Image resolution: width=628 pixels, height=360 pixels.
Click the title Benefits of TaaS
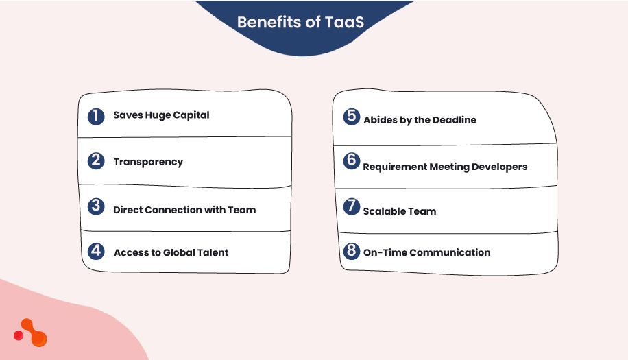[x=300, y=22]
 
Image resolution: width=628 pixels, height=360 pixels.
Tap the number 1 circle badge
[x=96, y=115]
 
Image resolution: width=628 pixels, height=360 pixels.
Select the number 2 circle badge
[x=96, y=161]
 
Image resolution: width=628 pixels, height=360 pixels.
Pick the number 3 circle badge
[x=96, y=206]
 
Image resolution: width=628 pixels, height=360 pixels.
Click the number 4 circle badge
[x=96, y=251]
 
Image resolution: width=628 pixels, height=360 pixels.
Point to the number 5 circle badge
[x=352, y=116]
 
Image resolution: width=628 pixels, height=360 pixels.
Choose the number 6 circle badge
[x=352, y=161]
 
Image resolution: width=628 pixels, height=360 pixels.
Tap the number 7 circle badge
[x=352, y=206]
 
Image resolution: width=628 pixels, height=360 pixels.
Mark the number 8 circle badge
[x=352, y=251]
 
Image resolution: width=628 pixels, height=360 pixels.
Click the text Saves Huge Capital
[x=161, y=115]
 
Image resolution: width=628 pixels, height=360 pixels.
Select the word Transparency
[x=148, y=162]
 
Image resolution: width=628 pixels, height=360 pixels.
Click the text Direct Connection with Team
[x=184, y=210]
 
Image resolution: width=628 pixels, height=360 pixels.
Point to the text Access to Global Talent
[x=171, y=252]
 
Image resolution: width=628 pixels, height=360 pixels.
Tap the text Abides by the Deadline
[x=420, y=120]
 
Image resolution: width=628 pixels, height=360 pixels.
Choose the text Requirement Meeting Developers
[x=445, y=167]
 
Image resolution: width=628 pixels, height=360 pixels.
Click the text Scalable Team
[x=400, y=211]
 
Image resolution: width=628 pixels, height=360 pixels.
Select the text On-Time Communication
[x=426, y=252]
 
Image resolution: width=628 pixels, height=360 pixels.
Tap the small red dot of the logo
[x=19, y=335]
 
